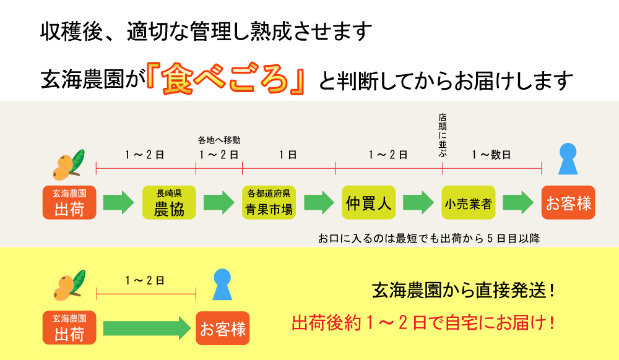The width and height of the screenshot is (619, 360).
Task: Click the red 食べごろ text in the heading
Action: click(227, 79)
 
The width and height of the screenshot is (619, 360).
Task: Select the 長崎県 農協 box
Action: click(168, 202)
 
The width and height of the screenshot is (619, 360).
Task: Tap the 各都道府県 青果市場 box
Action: click(269, 202)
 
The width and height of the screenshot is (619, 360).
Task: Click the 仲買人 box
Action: click(369, 202)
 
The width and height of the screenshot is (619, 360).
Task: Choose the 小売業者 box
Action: click(468, 202)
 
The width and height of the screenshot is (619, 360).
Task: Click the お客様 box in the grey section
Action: click(568, 202)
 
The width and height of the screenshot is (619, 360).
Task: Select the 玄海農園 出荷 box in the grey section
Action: click(69, 202)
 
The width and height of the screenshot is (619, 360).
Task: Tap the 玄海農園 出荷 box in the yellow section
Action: click(69, 328)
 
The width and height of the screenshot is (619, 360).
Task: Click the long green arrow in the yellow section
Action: click(146, 328)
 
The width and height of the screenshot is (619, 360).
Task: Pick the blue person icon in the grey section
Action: click(568, 160)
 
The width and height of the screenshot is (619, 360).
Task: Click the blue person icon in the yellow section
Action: click(222, 285)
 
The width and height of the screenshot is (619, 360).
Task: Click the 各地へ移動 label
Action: click(219, 140)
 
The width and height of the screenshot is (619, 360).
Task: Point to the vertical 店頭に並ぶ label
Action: click(442, 135)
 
